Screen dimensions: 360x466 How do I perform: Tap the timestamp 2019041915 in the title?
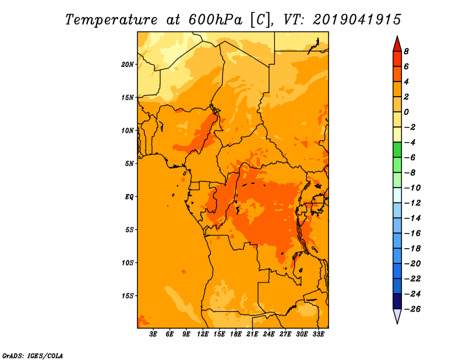[357, 19]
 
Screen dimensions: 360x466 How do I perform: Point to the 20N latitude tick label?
[128, 64]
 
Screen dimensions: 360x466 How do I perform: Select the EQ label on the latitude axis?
[129, 196]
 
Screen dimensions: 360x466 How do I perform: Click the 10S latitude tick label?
[128, 262]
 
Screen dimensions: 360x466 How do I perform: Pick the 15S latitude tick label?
[128, 295]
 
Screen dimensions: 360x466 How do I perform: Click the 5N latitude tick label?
[129, 163]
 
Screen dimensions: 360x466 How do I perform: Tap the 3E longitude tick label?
[154, 334]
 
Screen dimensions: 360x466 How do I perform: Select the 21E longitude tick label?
[252, 334]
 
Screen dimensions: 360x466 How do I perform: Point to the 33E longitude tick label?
[318, 334]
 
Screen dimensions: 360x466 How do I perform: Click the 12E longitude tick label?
[203, 334]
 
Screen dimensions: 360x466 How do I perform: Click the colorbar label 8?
[406, 51]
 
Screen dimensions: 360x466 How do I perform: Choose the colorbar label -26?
[411, 309]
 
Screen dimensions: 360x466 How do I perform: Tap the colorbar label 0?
[406, 112]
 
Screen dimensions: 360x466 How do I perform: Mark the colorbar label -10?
[411, 188]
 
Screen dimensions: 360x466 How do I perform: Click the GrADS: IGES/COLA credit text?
[33, 355]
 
